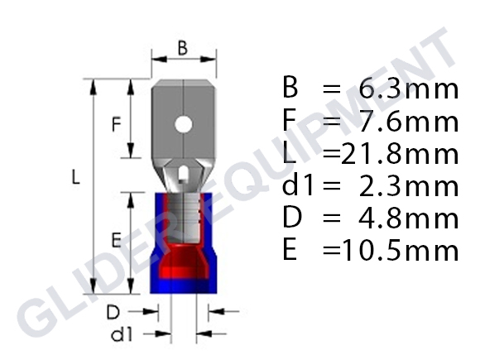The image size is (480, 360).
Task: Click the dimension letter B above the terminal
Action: (182, 48)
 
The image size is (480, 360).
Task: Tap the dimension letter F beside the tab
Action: (117, 125)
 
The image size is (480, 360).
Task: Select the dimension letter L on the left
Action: (75, 178)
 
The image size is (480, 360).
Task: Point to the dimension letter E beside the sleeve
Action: (117, 240)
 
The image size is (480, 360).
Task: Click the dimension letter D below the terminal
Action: (113, 313)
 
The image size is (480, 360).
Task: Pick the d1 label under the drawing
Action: (122, 334)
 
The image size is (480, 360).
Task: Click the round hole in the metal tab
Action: (184, 125)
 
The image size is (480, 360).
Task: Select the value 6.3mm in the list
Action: (409, 89)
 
